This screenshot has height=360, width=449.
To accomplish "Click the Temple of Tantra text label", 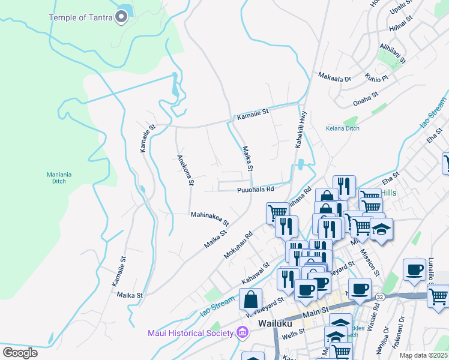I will click(80, 17).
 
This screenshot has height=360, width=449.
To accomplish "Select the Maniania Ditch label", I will click(59, 178).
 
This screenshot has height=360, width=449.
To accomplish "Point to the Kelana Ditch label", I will click(342, 128).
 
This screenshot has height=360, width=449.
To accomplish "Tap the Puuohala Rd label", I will click(255, 189).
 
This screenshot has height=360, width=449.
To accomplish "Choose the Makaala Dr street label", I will click(334, 78).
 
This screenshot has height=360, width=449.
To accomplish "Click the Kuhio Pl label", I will click(376, 77).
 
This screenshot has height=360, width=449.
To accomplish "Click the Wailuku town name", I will click(274, 323).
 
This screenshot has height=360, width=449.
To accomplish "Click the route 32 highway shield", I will click(379, 296).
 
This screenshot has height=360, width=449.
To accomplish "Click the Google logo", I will click(20, 352).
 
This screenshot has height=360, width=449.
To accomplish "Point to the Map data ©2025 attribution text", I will click(423, 355).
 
